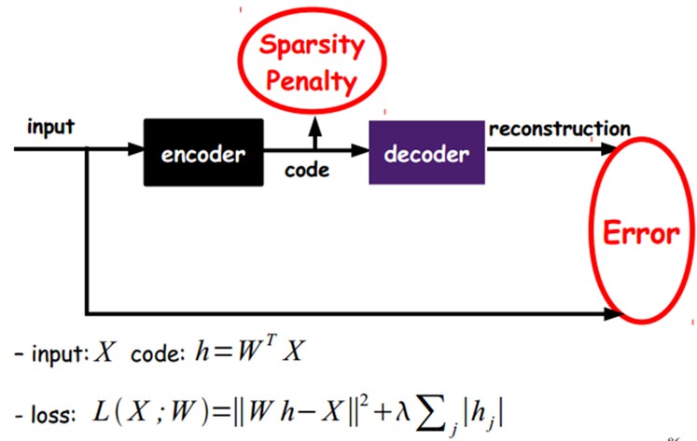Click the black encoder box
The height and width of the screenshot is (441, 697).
point(204,152)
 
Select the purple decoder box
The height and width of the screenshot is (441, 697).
point(427,152)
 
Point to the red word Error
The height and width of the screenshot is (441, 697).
point(640,233)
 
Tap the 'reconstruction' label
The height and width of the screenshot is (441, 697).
point(559,129)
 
